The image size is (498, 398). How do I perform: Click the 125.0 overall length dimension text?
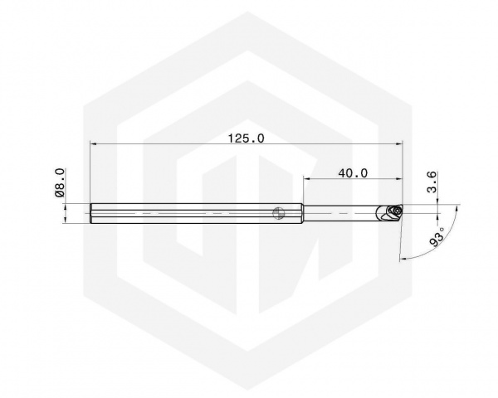point(247,138)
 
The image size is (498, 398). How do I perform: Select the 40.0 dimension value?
point(353,173)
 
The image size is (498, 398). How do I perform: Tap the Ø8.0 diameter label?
point(60,182)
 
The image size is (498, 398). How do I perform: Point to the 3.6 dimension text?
point(432,182)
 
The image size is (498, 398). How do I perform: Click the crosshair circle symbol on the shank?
point(278,213)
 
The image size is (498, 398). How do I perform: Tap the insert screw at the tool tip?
point(397,210)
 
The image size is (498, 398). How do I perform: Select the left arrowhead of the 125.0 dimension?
point(94,144)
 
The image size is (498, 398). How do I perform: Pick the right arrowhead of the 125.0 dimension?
point(399,144)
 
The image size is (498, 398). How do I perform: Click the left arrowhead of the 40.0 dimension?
point(307,179)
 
